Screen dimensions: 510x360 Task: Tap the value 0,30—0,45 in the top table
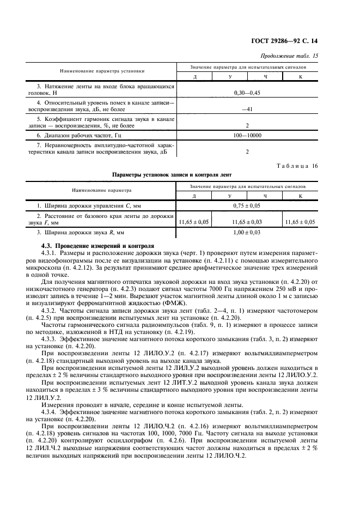[247, 93]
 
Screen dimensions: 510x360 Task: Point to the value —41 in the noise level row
[247, 109]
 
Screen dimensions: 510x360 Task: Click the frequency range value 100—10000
[247, 135]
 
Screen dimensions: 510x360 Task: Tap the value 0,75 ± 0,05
[247, 205]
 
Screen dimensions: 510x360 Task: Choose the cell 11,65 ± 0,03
[247, 222]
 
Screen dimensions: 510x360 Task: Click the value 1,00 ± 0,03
[247, 233]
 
